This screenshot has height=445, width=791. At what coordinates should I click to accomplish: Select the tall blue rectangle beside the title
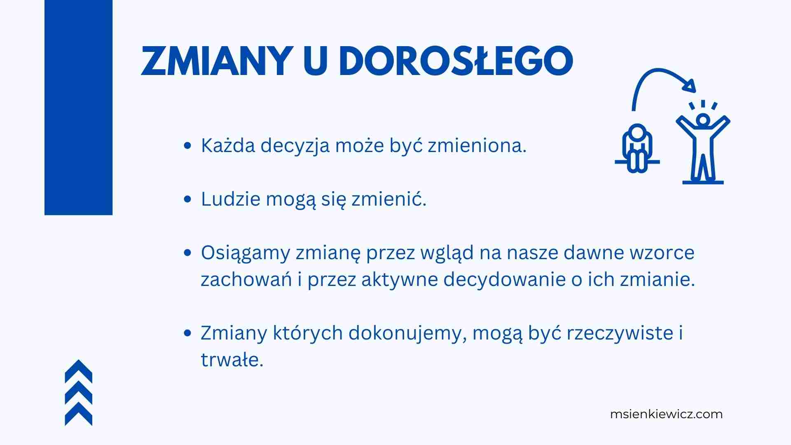click(x=78, y=108)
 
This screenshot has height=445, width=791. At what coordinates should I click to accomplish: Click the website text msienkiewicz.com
click(x=666, y=414)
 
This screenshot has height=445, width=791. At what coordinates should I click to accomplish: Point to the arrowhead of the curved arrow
click(x=690, y=86)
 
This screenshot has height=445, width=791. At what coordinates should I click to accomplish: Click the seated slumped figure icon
click(x=637, y=148)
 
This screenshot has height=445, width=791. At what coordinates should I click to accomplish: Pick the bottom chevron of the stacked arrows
click(x=79, y=414)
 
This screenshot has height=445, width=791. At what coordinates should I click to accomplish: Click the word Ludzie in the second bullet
click(x=231, y=199)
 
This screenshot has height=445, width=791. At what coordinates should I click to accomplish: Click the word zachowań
click(x=246, y=279)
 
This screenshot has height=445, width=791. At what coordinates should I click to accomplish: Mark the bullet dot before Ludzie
click(x=188, y=199)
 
